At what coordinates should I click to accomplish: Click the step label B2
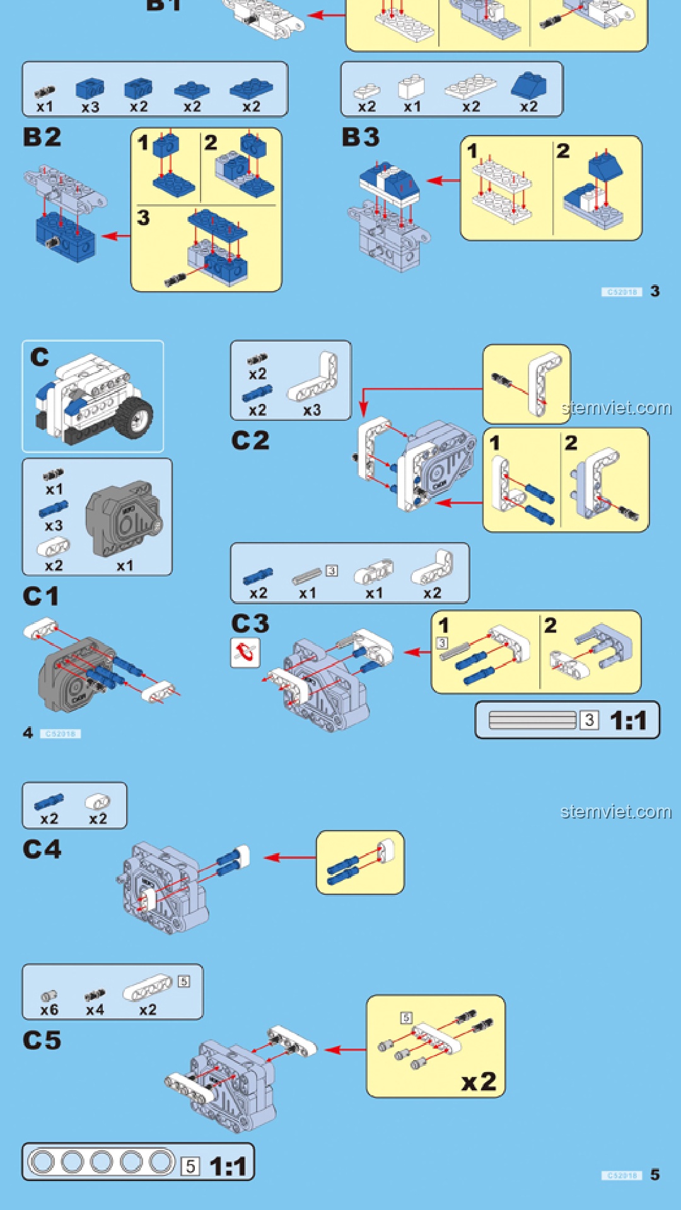pyautogui.click(x=42, y=137)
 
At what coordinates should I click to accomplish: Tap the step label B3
pyautogui.click(x=361, y=137)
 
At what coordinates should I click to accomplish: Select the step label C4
pyautogui.click(x=42, y=850)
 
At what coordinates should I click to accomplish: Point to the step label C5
pyautogui.click(x=42, y=1040)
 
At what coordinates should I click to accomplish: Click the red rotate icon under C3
pyautogui.click(x=245, y=652)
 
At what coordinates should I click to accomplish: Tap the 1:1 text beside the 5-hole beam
pyautogui.click(x=228, y=1166)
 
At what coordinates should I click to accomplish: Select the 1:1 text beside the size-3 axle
pyautogui.click(x=628, y=720)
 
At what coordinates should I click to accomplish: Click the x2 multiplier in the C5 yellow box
pyautogui.click(x=479, y=1082)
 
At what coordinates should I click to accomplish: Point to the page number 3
pyautogui.click(x=655, y=291)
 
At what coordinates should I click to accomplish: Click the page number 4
pyautogui.click(x=28, y=733)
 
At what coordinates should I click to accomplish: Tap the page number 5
pyautogui.click(x=655, y=1175)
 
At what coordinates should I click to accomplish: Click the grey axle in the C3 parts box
pyautogui.click(x=307, y=575)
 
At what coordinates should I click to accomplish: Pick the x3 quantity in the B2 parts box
pyautogui.click(x=90, y=107)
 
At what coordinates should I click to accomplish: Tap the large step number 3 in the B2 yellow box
pyautogui.click(x=144, y=218)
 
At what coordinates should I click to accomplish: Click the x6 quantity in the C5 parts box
pyautogui.click(x=49, y=1010)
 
